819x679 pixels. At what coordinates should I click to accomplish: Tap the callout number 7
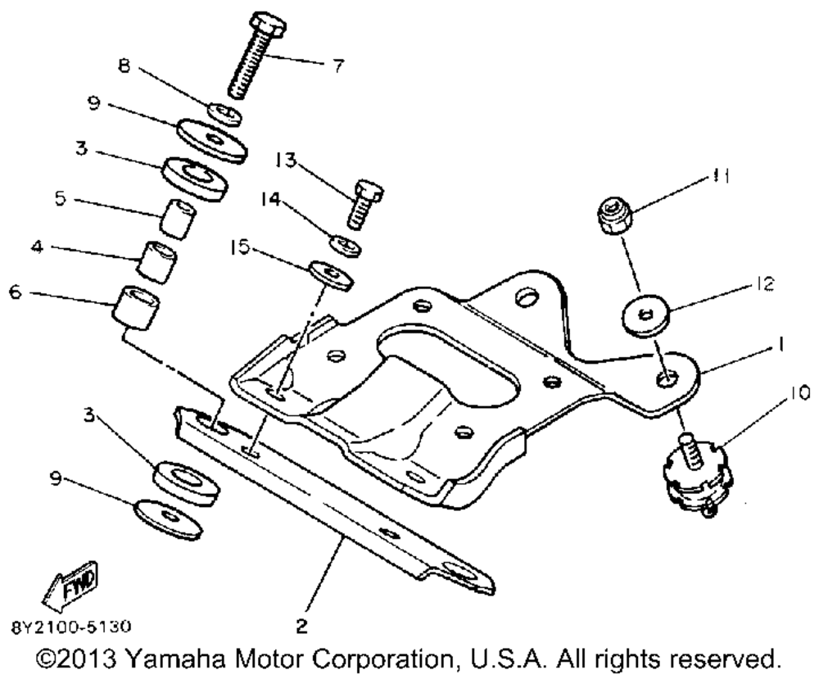(339, 66)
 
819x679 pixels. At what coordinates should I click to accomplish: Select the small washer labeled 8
(225, 115)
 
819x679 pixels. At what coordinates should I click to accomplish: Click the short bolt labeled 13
(365, 204)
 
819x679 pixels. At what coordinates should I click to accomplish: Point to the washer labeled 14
(346, 246)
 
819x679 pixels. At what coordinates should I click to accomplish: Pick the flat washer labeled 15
(333, 275)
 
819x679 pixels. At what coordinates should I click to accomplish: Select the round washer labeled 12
(648, 315)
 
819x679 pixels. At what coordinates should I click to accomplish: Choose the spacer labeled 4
(156, 261)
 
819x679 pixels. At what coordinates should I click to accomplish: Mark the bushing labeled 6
(136, 308)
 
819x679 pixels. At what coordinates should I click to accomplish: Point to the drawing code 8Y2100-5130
(71, 627)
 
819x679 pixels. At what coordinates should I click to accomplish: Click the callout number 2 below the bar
(302, 627)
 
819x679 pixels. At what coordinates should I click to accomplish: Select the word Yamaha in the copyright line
(175, 659)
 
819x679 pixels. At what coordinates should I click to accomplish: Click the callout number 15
(240, 247)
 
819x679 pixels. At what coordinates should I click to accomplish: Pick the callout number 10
(798, 392)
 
